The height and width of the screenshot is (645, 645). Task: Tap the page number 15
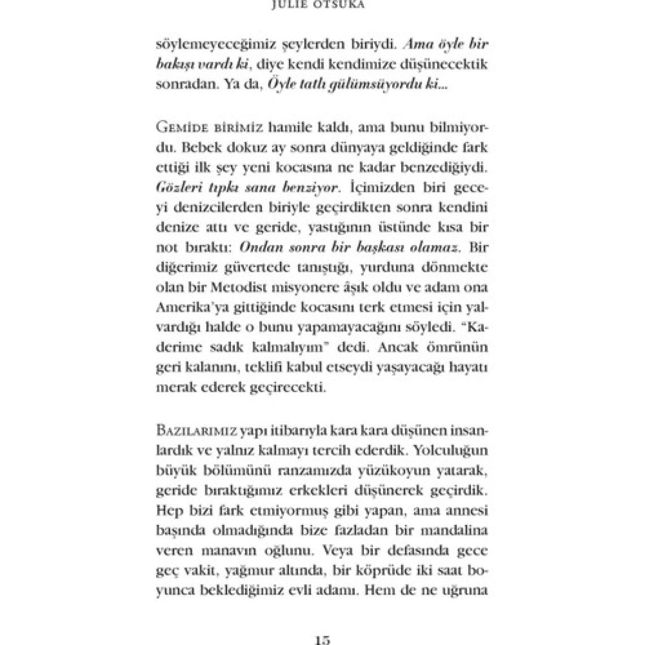point(322,639)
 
